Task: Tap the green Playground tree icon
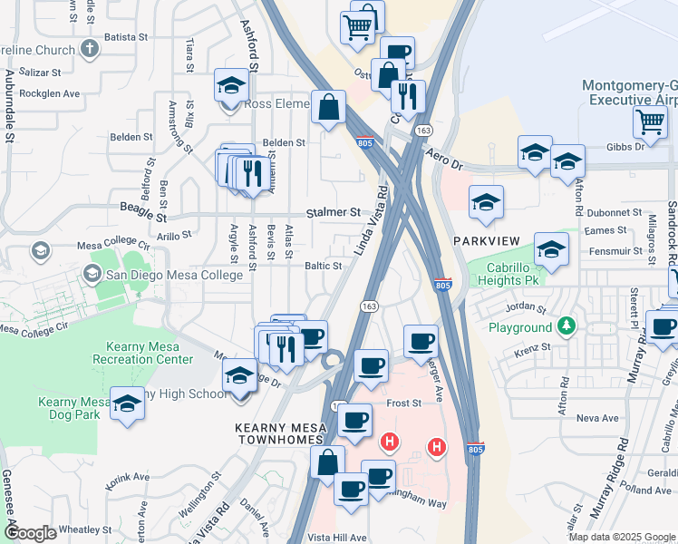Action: [x=567, y=325]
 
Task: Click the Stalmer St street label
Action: [x=330, y=212]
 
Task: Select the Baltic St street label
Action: [x=323, y=267]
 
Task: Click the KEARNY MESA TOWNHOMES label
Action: [x=255, y=432]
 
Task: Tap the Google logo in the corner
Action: [x=30, y=533]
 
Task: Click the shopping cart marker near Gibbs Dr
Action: [x=650, y=121]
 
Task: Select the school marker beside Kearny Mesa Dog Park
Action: [x=127, y=403]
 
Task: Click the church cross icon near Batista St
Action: [x=90, y=48]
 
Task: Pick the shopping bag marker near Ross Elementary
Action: [x=327, y=107]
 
